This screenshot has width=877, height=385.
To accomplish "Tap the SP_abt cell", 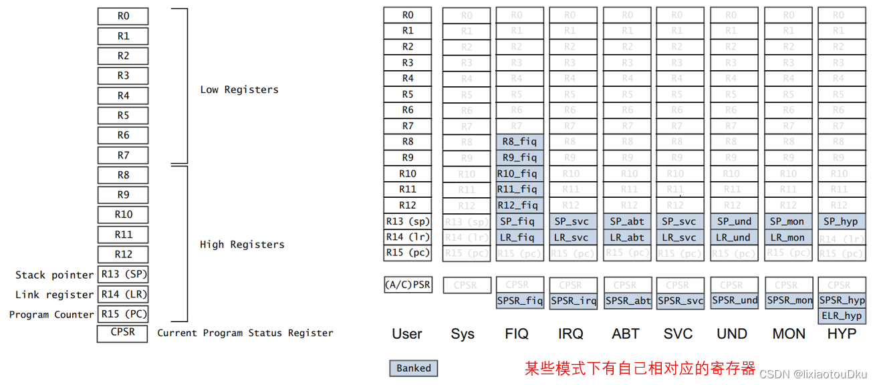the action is [x=626, y=221].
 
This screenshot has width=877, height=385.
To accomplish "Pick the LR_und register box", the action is [x=733, y=237].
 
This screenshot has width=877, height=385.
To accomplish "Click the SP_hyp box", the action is [x=840, y=221].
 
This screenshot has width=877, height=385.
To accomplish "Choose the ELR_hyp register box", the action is [x=841, y=316].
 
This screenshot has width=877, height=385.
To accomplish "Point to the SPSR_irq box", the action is [x=573, y=301].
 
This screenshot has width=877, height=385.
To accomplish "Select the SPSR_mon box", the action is [x=789, y=301].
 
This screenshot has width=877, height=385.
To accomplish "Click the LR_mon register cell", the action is [x=787, y=237].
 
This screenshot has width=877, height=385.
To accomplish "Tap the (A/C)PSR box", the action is [x=408, y=285].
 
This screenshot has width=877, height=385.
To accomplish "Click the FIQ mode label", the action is [x=516, y=334].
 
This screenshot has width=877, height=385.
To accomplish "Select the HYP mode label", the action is [x=841, y=334].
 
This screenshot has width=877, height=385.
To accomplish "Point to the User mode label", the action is [x=407, y=334].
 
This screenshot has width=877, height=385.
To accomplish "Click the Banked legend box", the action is [x=414, y=368].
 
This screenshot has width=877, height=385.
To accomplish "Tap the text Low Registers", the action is [x=239, y=90].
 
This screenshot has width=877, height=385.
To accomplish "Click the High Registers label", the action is [x=242, y=245].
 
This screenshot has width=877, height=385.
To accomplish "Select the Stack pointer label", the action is [x=54, y=275].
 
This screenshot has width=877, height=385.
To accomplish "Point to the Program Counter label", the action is [x=51, y=314].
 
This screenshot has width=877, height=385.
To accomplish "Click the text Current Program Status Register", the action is [x=245, y=333].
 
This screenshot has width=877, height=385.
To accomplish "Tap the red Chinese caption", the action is [x=640, y=368].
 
